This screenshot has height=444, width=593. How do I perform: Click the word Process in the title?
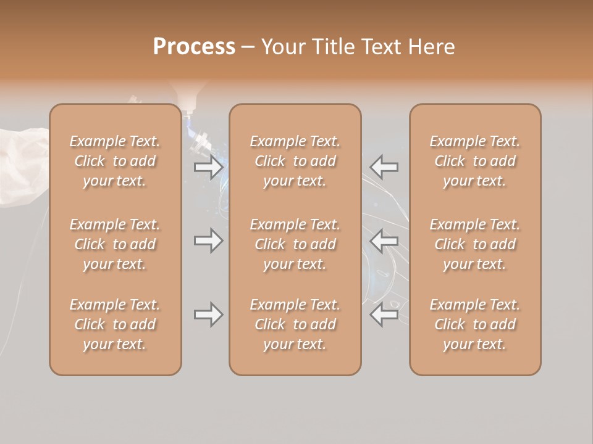click(x=194, y=47)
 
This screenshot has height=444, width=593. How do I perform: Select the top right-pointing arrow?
click(x=208, y=167)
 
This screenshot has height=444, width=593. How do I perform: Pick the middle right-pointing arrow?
click(x=208, y=240)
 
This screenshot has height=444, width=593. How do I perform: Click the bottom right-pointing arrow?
click(x=208, y=314)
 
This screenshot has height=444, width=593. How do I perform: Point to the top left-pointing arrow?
click(x=384, y=166)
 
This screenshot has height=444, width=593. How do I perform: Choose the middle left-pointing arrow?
click(x=384, y=240)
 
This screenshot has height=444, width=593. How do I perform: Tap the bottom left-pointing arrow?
click(x=384, y=314)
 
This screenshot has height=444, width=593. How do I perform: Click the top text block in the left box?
click(x=115, y=161)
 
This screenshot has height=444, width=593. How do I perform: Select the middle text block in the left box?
click(x=115, y=244)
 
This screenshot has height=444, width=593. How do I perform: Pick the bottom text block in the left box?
click(x=115, y=324)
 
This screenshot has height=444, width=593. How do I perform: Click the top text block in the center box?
click(x=295, y=161)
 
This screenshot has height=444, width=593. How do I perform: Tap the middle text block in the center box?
click(x=295, y=244)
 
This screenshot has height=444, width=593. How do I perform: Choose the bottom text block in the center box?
click(x=295, y=324)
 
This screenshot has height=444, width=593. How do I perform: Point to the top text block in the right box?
click(x=475, y=161)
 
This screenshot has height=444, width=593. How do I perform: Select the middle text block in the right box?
click(x=475, y=244)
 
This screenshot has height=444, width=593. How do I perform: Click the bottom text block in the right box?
click(x=475, y=324)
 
